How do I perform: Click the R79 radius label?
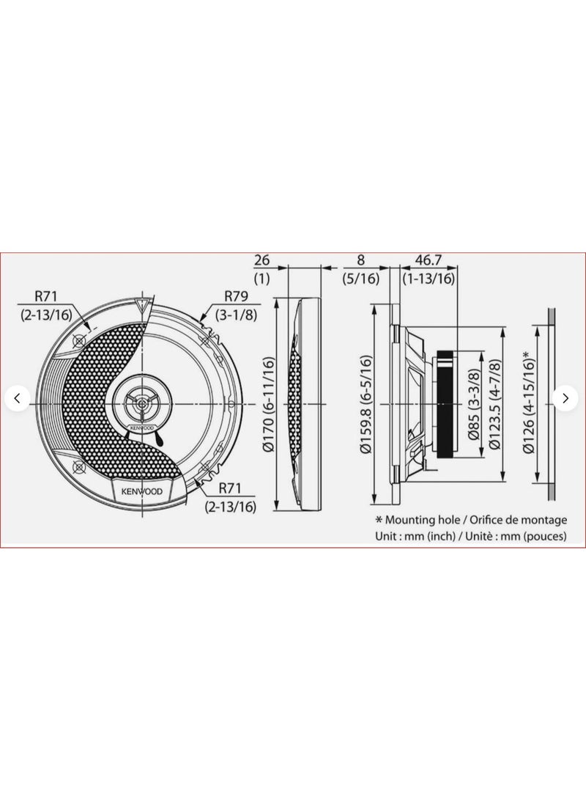coord(236,296)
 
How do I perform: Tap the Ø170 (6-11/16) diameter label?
coord(269,404)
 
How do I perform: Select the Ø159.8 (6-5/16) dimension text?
coord(366,404)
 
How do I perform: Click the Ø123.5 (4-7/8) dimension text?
coord(494,405)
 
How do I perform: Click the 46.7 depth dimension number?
coord(428,260)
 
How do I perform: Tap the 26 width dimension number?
coord(262,260)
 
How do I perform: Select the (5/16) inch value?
coord(361,279)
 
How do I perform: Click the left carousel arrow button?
coord(18,398)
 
